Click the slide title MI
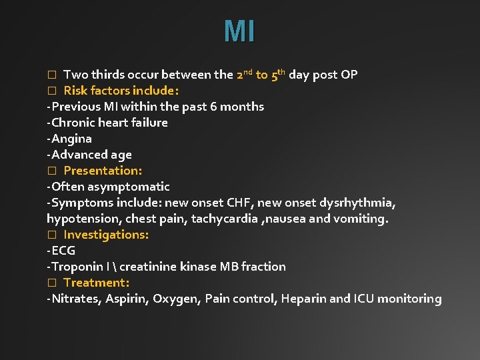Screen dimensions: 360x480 coord(239,31)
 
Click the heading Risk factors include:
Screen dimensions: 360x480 coord(121,91)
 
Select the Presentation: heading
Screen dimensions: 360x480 coord(103,171)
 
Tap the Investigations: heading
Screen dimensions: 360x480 coord(106,235)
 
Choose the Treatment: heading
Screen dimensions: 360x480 coord(96,283)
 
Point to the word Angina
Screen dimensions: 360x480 coord(71,139)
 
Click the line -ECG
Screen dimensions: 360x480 coord(61,251)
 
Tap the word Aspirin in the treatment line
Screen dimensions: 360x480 coord(127,299)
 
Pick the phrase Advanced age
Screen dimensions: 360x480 coord(91,155)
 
